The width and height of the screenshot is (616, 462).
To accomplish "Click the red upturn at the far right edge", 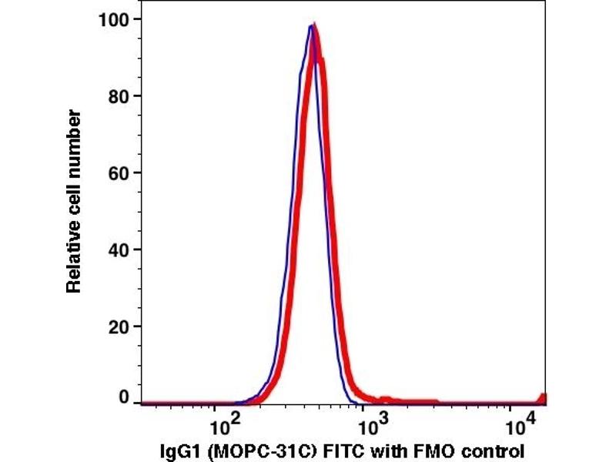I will [x=543, y=398].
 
